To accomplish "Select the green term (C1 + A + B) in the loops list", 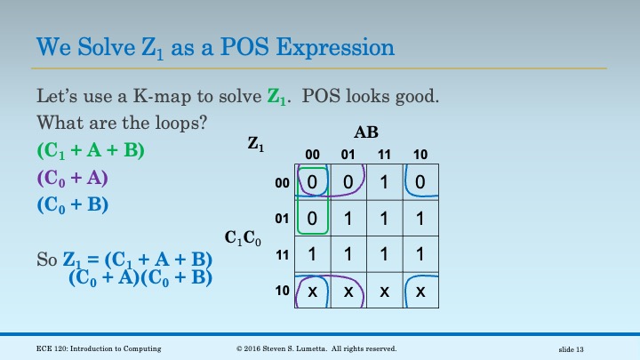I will click(90, 150).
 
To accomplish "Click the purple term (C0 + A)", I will click(72, 177).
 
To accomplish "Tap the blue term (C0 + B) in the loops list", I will click(72, 204).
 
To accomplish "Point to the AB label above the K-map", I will click(366, 132).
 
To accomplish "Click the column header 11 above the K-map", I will click(384, 154).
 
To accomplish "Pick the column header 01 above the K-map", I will click(348, 154).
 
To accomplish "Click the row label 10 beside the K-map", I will click(283, 290).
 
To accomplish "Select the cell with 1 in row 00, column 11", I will click(384, 182).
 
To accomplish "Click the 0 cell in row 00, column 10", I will click(420, 182).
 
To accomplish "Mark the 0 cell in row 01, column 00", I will click(313, 218).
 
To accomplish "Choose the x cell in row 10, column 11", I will click(384, 291).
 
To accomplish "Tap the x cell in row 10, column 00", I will click(313, 291).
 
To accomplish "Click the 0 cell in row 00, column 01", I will click(348, 182).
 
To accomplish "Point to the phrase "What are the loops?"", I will click(123, 122).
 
